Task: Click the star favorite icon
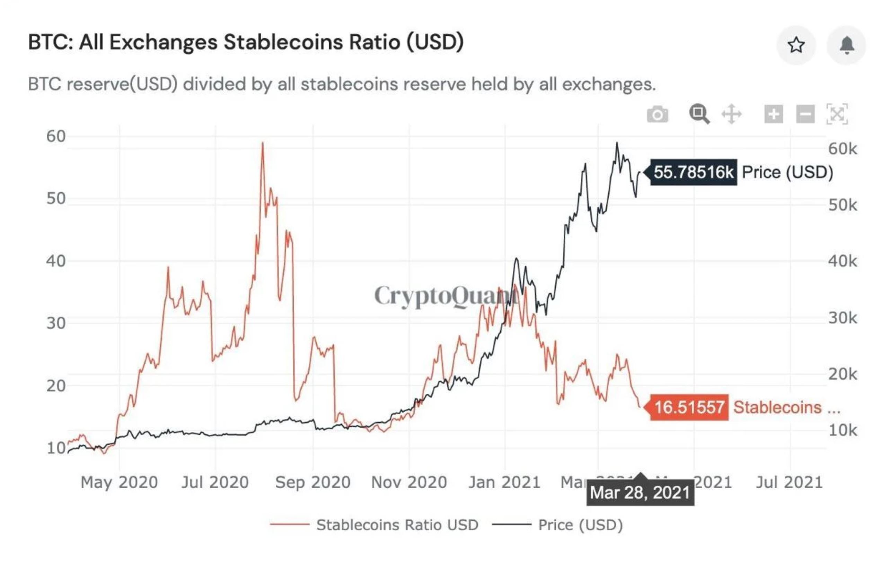796,45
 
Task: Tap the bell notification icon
846,45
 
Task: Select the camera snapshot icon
658,114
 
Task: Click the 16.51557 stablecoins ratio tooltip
689,407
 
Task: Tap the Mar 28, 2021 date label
640,492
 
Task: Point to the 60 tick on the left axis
56,136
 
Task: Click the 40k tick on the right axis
842,261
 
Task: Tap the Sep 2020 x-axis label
313,482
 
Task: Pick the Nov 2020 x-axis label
409,482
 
